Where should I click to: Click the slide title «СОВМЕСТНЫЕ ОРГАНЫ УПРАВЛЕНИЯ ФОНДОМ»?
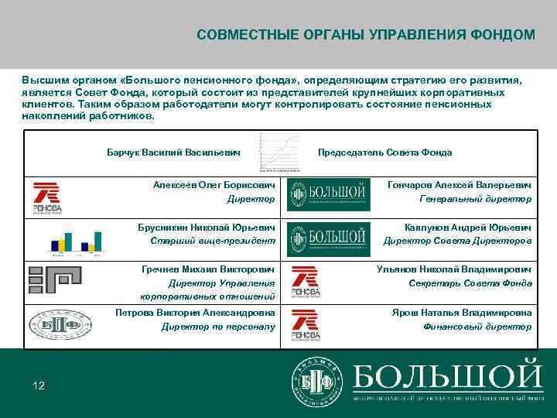[x=365, y=35]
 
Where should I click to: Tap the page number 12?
[x=39, y=385]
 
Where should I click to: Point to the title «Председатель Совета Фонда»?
[x=384, y=152]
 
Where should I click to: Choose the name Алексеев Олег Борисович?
[x=214, y=186]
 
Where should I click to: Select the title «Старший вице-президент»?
[x=212, y=241]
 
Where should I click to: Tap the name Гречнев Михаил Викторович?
[x=208, y=269]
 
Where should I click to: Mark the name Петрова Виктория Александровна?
[x=195, y=313]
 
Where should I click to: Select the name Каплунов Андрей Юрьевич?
[x=468, y=228]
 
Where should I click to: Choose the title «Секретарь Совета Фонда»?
[x=470, y=283]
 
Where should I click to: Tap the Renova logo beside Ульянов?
[x=305, y=282]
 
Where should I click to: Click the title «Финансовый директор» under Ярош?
[x=477, y=326]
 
